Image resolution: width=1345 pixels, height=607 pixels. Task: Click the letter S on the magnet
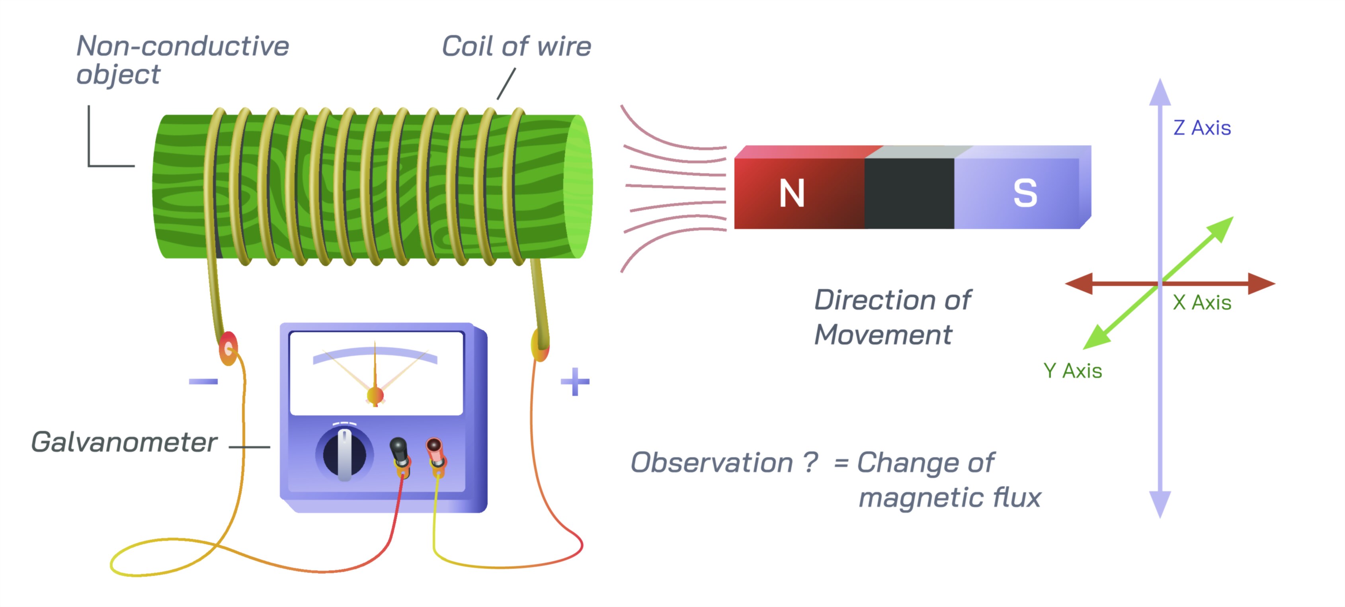[1025, 193]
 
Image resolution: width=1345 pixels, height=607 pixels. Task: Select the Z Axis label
[1202, 128]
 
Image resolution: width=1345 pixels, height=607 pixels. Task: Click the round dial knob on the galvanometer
[345, 453]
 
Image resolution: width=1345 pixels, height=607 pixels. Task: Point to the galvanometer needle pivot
[375, 396]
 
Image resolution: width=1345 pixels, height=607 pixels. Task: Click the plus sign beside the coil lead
[575, 382]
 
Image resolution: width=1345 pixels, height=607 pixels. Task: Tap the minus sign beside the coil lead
[203, 381]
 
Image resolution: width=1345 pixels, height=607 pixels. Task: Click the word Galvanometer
[124, 443]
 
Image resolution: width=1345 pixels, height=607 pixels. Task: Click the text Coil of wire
[516, 47]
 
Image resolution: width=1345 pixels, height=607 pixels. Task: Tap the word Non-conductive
[183, 46]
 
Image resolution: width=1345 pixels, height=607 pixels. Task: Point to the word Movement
[883, 335]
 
